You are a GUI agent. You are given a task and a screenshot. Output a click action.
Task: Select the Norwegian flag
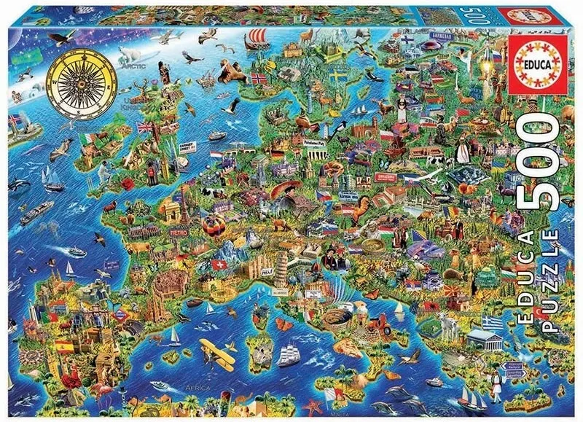pyautogui.click(x=259, y=78)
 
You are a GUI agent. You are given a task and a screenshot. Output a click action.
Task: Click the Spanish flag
pyautogui.click(x=63, y=345)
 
